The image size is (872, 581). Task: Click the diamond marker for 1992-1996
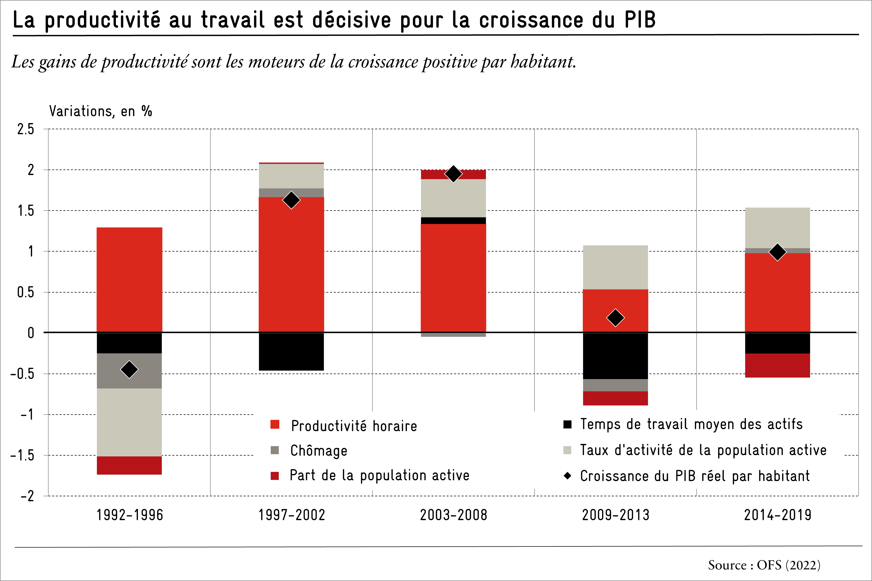[129, 369]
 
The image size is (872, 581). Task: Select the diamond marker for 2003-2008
[453, 174]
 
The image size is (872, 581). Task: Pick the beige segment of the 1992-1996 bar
[129, 422]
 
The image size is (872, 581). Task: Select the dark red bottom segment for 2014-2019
[778, 365]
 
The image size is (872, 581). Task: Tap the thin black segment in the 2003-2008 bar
[453, 220]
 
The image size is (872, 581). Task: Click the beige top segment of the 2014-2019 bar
[778, 228]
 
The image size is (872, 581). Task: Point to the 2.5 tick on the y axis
[25, 129]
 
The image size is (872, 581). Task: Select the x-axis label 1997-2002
[291, 515]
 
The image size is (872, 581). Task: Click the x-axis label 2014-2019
[778, 515]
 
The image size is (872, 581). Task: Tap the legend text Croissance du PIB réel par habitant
[695, 476]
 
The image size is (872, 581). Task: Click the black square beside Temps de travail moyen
[567, 424]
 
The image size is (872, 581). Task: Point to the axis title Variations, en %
[100, 111]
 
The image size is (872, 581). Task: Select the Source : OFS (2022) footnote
[764, 565]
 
